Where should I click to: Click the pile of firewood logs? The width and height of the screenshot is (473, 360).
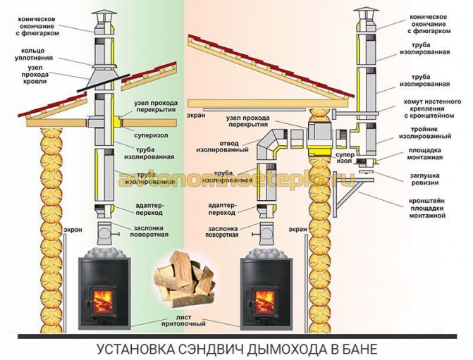click(181, 281)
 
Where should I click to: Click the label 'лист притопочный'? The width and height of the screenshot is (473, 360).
click(186, 323)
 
